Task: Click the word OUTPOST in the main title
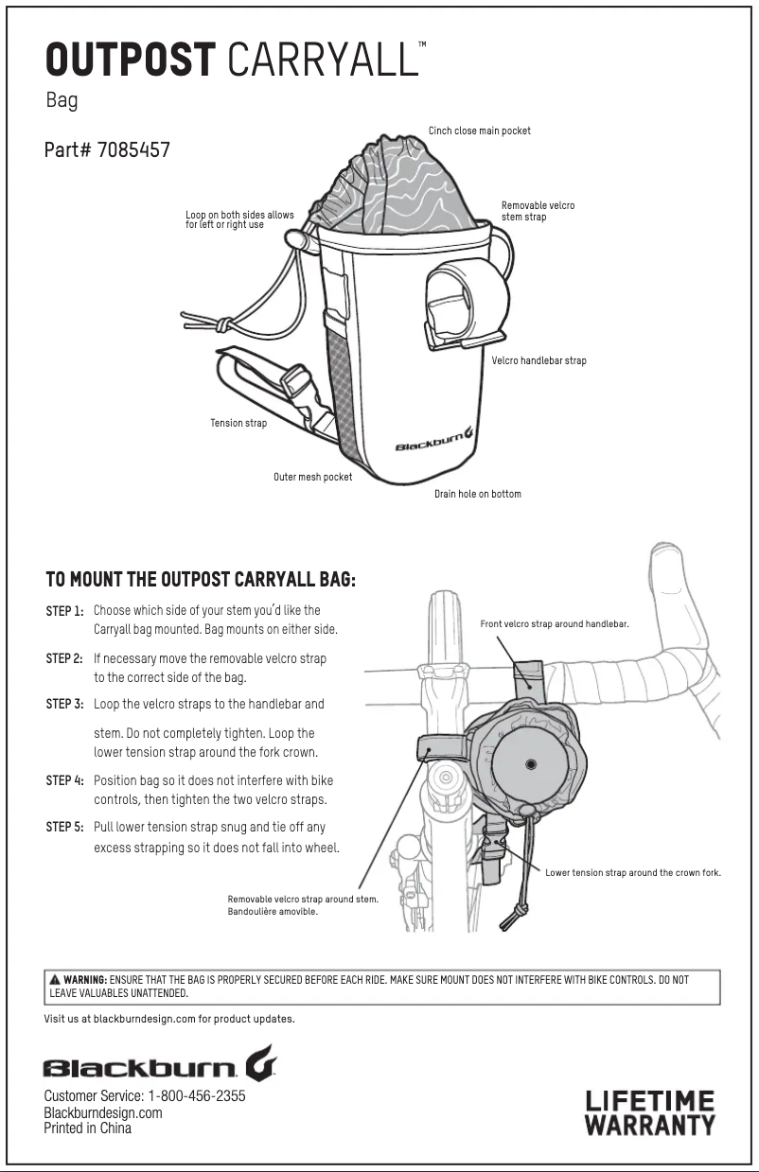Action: (x=131, y=61)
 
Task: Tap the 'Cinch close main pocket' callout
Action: (x=479, y=131)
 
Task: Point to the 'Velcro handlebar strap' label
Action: (x=538, y=360)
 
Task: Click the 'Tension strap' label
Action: (x=238, y=423)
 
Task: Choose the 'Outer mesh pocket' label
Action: (x=312, y=477)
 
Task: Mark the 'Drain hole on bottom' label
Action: (x=477, y=494)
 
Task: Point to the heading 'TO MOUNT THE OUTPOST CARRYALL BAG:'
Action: (x=201, y=579)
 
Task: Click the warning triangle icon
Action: (x=55, y=980)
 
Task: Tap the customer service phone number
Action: (x=196, y=1096)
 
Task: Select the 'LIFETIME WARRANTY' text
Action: (x=649, y=1112)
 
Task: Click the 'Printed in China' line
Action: (x=87, y=1128)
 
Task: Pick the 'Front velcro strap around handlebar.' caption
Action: (x=554, y=624)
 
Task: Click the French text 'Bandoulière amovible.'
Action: (x=273, y=912)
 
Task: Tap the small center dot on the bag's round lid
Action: (x=530, y=762)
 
